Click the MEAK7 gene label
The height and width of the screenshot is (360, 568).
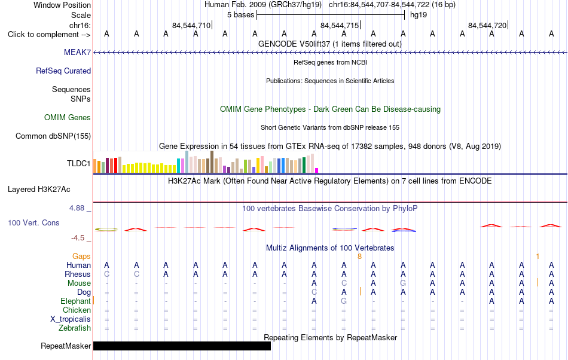pyautogui.click(x=77, y=52)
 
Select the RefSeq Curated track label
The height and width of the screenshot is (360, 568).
pyautogui.click(x=63, y=71)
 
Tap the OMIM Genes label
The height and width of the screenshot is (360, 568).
pyautogui.click(x=68, y=117)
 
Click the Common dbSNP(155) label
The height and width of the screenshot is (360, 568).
pyautogui.click(x=53, y=136)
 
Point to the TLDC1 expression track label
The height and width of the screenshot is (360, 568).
pyautogui.click(x=78, y=163)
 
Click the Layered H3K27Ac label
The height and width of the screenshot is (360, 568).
pyautogui.click(x=39, y=189)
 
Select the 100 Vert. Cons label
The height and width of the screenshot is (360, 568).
pyautogui.click(x=33, y=222)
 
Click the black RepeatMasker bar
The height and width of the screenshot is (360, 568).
pyautogui.click(x=182, y=346)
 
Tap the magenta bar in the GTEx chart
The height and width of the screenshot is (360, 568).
pyautogui.click(x=317, y=170)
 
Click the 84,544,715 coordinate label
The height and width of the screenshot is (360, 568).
pyautogui.click(x=340, y=25)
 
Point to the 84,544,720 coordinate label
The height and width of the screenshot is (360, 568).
pyautogui.click(x=487, y=25)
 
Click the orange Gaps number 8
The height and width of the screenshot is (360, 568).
pyautogui.click(x=359, y=257)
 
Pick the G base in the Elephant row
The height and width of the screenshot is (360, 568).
pyautogui.click(x=344, y=301)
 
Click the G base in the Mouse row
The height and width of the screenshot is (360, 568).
pyautogui.click(x=403, y=283)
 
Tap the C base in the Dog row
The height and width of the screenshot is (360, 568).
pyautogui.click(x=314, y=292)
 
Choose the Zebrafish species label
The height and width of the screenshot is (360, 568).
pyautogui.click(x=75, y=328)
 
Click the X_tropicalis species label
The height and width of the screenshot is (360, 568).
pyautogui.click(x=71, y=319)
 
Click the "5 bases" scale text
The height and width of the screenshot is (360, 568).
pyautogui.click(x=240, y=15)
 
